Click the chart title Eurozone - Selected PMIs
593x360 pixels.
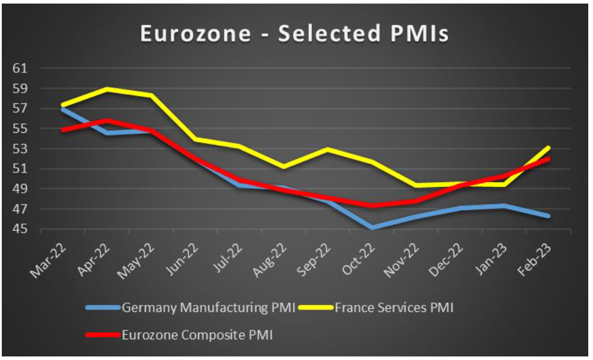[294, 34]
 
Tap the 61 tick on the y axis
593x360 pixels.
[20, 68]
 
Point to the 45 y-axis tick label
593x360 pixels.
[20, 229]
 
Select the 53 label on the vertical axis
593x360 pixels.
[20, 148]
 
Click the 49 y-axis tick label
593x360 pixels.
[20, 189]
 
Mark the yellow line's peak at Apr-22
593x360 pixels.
[107, 89]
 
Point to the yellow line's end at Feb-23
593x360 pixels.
[549, 147]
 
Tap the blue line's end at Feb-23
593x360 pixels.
[549, 216]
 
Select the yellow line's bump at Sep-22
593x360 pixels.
[328, 149]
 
